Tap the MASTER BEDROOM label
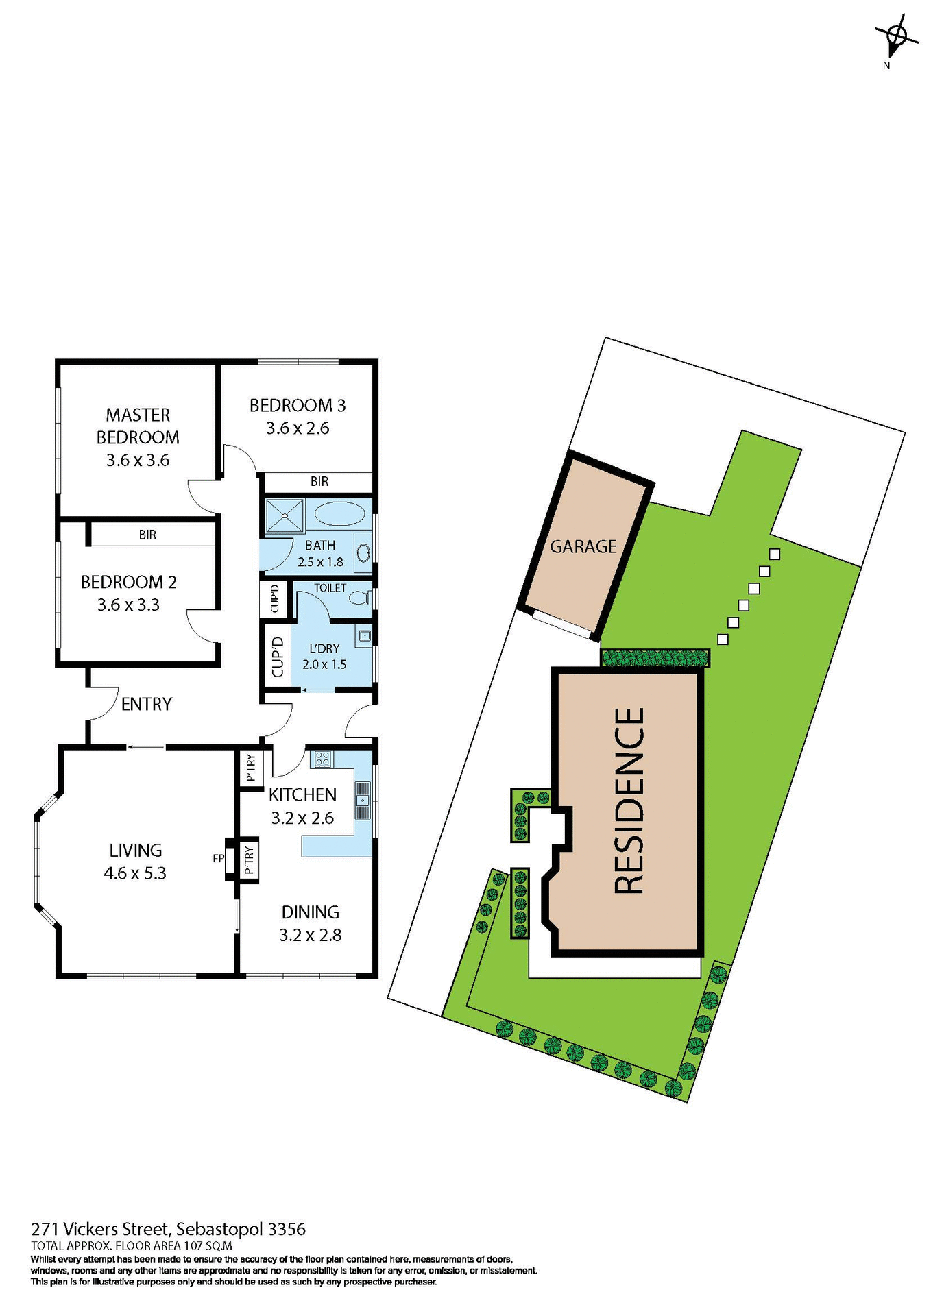(138, 426)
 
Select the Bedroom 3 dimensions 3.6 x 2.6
(298, 428)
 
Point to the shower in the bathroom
(284, 515)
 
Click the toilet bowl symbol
(360, 598)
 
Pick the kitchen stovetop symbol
(322, 759)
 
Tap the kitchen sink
(361, 800)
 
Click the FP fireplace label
(219, 857)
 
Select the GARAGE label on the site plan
(583, 546)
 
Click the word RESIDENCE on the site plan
(629, 801)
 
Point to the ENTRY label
(146, 704)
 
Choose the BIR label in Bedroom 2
(147, 535)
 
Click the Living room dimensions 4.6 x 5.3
(135, 873)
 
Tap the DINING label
(310, 912)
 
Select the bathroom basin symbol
(363, 553)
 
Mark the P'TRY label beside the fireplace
(248, 860)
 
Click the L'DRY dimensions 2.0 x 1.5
(324, 664)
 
